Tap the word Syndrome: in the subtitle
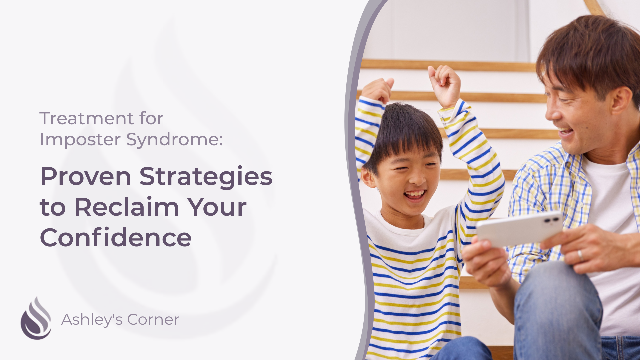pos(174,140)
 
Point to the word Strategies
pos(206,177)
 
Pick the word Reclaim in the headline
pos(127,207)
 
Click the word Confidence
pos(116,238)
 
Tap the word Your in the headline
pos(217,207)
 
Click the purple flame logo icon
pos(36,319)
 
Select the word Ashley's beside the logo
pos(92,320)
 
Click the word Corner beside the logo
pos(153,320)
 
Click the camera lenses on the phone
pos(552,220)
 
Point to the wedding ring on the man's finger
pos(580,255)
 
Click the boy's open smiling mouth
pos(415,194)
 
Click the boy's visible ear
pos(367,176)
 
